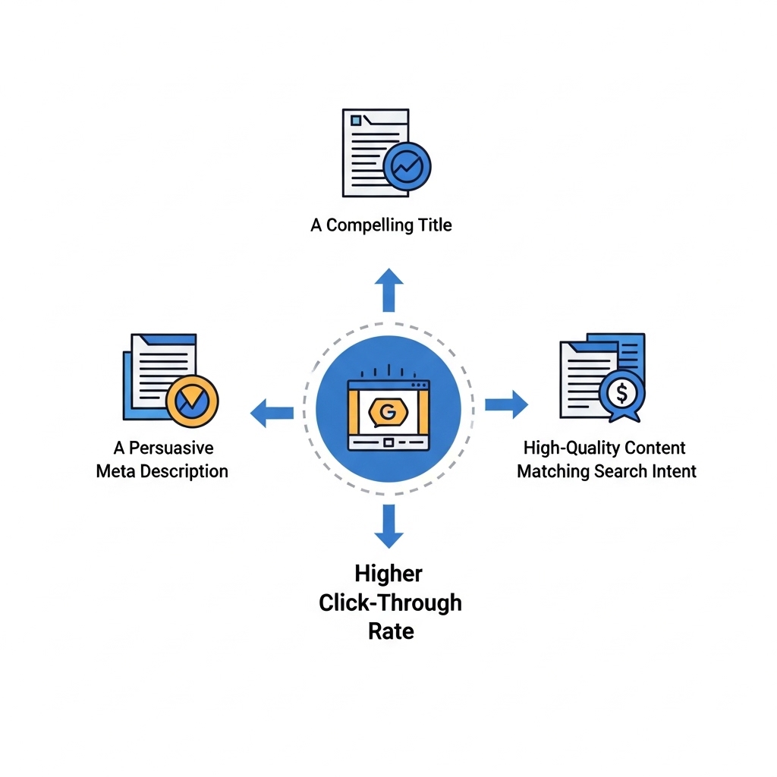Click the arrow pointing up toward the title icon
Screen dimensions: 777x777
click(389, 290)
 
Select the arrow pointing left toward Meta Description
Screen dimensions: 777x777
click(272, 413)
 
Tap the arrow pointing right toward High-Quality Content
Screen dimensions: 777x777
click(506, 404)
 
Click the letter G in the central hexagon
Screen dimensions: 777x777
click(388, 412)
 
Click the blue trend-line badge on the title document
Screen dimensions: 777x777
click(407, 166)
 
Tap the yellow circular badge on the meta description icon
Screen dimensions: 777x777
click(192, 401)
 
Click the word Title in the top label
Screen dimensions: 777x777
click(435, 225)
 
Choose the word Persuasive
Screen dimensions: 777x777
click(171, 448)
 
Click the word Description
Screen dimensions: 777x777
click(184, 472)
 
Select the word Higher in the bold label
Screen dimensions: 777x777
click(388, 574)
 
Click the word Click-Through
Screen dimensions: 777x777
click(391, 603)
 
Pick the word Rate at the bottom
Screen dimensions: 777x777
click(391, 631)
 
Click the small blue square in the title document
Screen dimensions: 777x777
click(356, 121)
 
